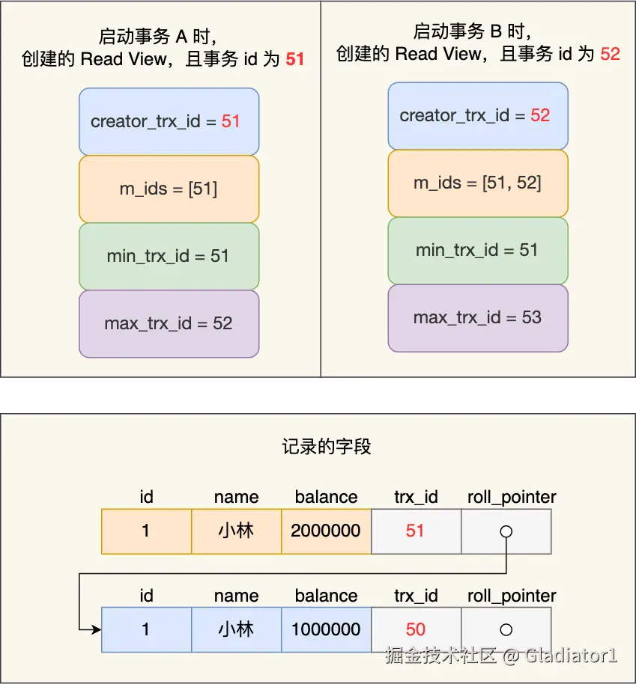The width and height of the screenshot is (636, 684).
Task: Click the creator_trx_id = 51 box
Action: click(x=169, y=121)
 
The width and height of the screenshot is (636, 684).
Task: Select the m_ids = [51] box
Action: click(x=169, y=189)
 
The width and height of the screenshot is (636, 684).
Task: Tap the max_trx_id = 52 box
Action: click(x=169, y=323)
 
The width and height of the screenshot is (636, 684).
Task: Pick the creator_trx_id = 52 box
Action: click(x=477, y=115)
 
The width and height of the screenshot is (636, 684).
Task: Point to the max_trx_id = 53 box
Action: click(x=477, y=317)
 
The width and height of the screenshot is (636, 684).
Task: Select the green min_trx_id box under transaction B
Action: click(x=477, y=250)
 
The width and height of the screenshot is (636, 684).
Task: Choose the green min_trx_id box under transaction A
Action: click(x=169, y=256)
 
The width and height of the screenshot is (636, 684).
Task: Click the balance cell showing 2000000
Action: click(x=326, y=531)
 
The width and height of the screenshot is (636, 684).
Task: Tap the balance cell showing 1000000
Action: click(x=326, y=629)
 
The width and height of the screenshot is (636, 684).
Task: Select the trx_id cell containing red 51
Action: click(x=416, y=531)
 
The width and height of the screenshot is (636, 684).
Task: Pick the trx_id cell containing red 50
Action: click(x=416, y=629)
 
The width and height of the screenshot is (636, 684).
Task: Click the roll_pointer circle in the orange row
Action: click(x=506, y=531)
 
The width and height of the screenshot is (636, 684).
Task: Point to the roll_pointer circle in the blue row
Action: click(x=506, y=629)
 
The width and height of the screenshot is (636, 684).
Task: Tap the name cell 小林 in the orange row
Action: click(x=236, y=531)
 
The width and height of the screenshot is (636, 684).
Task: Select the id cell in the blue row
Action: click(x=146, y=629)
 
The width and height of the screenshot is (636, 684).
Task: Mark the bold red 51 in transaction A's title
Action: click(x=295, y=59)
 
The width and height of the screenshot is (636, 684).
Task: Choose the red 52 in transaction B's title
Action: click(x=610, y=54)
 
